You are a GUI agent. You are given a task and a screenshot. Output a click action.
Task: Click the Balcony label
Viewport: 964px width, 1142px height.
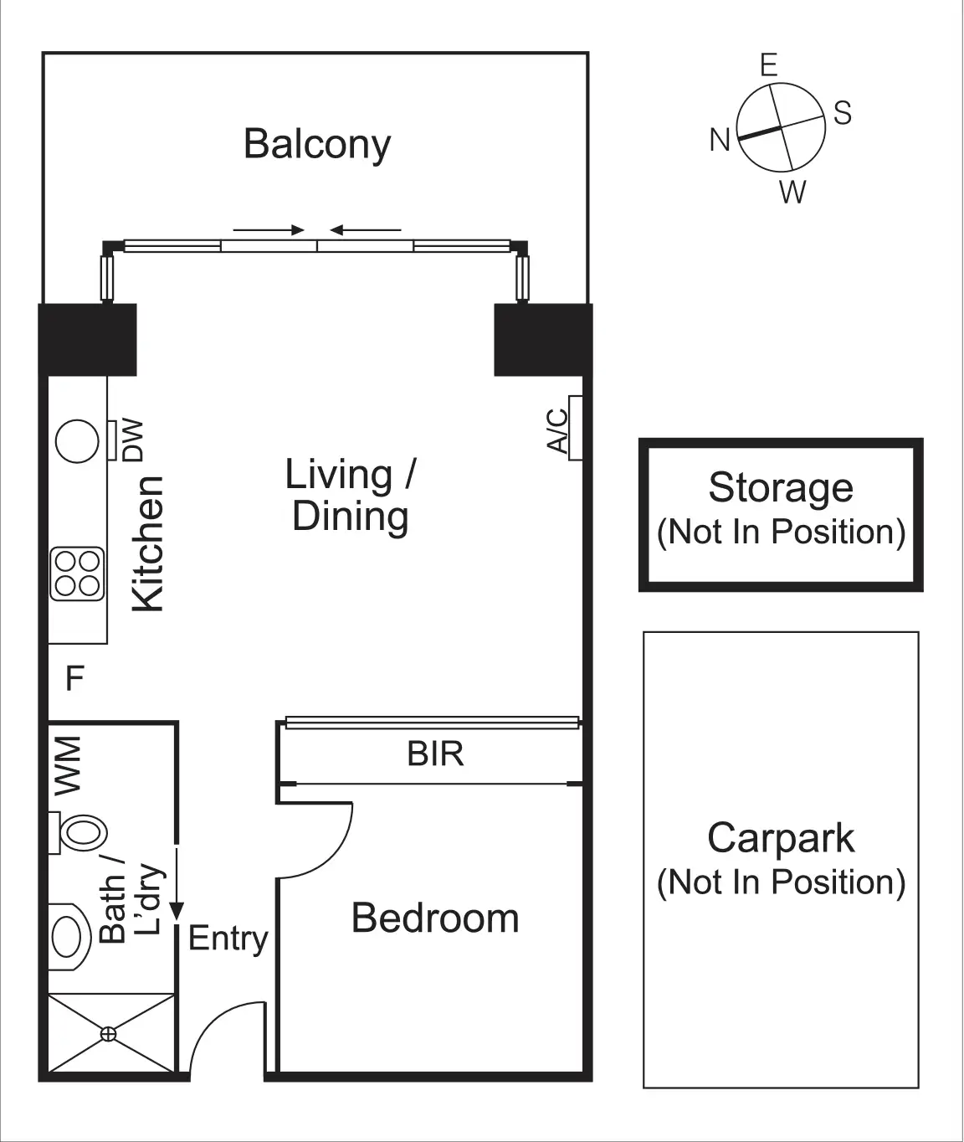317,145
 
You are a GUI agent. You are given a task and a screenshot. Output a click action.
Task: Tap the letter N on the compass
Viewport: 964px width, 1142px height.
720,140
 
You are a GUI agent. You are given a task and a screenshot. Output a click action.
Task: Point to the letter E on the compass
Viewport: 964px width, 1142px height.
769,65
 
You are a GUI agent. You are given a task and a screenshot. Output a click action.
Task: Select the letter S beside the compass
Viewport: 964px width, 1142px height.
843,113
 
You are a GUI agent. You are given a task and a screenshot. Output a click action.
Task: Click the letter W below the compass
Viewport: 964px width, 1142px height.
792,192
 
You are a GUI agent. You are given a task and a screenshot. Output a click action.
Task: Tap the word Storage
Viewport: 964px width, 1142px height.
781,487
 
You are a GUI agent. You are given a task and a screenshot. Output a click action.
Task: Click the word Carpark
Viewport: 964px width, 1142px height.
781,837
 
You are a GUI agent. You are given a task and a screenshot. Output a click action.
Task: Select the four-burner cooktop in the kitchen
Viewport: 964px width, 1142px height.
77,574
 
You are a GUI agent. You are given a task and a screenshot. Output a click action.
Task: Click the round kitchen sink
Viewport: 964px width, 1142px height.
77,441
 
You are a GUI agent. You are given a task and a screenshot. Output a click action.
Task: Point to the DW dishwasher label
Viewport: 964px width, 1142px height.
133,440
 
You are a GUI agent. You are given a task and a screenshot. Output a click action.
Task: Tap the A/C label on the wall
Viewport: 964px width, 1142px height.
557,430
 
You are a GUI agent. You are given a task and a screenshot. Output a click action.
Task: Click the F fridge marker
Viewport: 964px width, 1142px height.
75,678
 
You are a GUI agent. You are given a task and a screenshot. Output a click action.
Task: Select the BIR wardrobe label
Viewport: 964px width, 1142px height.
435,754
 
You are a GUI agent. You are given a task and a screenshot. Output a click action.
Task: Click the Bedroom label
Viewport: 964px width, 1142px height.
435,918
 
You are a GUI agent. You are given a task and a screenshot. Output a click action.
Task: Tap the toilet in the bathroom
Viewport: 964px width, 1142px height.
78,833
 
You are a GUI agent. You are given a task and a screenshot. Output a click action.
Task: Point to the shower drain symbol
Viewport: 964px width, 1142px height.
108,1034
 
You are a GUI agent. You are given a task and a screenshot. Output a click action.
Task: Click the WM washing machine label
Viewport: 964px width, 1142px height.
68,765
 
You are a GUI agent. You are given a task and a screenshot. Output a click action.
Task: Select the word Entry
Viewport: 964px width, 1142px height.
228,939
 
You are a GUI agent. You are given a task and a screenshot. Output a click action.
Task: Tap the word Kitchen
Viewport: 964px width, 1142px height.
148,543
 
